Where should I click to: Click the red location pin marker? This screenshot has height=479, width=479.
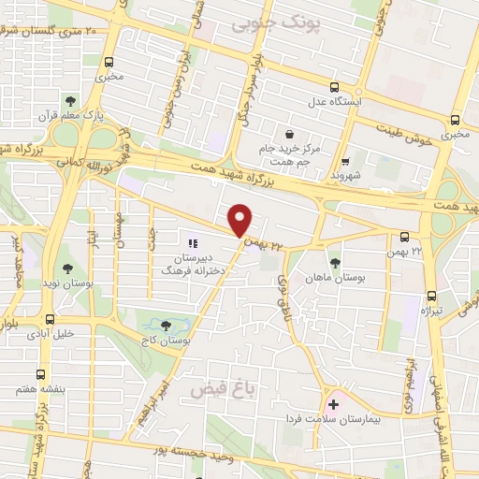(241, 219)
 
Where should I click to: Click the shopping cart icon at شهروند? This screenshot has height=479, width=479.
(345, 161)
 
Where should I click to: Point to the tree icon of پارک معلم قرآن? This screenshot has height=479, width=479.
(71, 101)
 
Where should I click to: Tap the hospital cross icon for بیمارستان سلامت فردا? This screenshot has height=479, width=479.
(333, 404)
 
